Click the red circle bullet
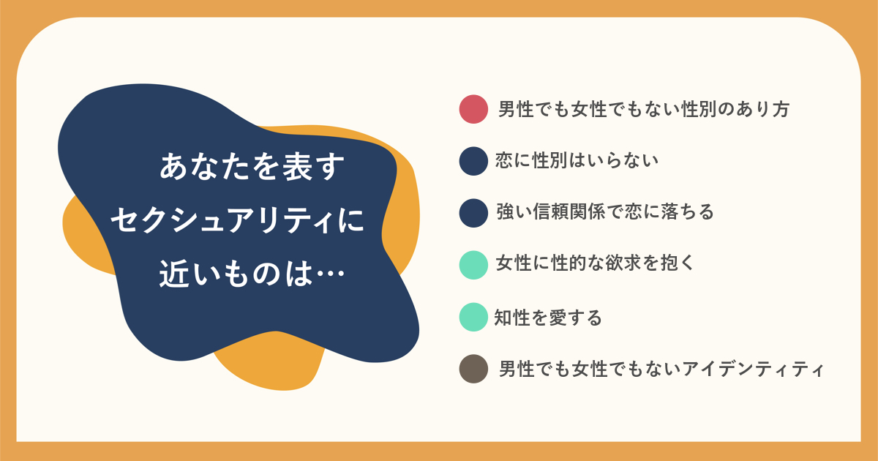click(x=473, y=109)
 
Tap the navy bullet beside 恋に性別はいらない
click(x=473, y=161)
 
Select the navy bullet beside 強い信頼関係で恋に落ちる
click(x=473, y=213)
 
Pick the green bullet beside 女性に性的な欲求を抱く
click(x=473, y=265)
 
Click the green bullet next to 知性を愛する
click(x=473, y=317)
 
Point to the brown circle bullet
click(x=473, y=369)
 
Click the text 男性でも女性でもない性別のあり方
click(x=644, y=109)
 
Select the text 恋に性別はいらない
click(x=577, y=160)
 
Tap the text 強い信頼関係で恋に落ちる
click(x=605, y=211)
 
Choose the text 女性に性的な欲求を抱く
click(x=595, y=263)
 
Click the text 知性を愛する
click(x=547, y=317)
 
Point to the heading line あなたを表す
click(x=252, y=167)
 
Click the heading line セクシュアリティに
click(x=238, y=220)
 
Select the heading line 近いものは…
click(x=252, y=273)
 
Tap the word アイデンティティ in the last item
click(x=753, y=370)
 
